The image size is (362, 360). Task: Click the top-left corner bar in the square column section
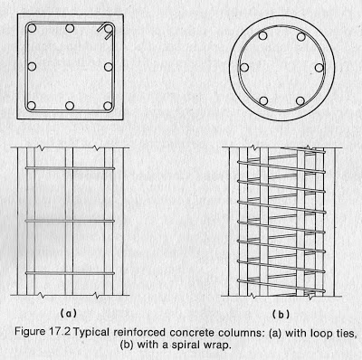pos(32,29)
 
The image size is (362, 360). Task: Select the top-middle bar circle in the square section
pos(70,29)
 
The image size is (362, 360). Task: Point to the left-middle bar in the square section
pos(32,67)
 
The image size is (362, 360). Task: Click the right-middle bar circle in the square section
pos(109,67)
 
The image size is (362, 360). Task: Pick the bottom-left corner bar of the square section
pos(32,106)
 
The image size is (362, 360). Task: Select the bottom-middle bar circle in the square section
pos(70,106)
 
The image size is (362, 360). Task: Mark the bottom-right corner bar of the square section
pos(108,106)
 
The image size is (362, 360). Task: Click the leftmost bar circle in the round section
pos(244,67)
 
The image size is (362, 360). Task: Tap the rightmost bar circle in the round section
pos(319,68)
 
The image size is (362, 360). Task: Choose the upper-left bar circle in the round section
pos(262,36)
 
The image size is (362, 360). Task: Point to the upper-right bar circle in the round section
pos(301,37)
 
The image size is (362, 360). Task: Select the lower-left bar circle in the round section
pos(263,100)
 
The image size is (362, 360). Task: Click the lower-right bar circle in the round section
pos(300,100)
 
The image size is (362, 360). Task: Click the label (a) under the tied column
pos(69,313)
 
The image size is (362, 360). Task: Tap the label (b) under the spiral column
pos(281,315)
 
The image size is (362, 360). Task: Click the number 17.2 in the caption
pos(59,332)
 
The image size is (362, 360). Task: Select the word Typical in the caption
pos(91,333)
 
